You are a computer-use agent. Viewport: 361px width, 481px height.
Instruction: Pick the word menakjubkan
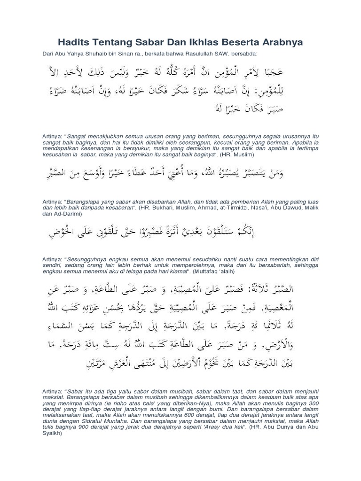coord(102,136)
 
